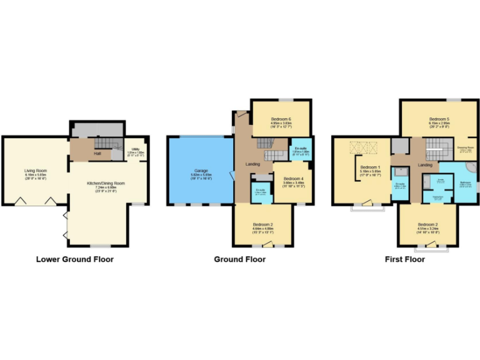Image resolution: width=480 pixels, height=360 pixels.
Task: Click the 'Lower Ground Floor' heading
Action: point(74,259)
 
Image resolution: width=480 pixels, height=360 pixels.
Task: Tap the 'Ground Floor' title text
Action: point(240,259)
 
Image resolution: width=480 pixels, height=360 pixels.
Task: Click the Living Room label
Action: point(36,170)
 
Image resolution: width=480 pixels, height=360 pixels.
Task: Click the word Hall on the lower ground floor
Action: point(97,152)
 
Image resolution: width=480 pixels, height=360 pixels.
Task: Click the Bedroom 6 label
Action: point(281,119)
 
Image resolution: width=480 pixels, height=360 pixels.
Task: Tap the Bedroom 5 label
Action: point(439,119)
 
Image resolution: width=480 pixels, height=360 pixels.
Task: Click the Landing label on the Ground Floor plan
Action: point(243,164)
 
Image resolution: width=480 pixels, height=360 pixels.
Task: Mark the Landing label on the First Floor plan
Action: point(425,165)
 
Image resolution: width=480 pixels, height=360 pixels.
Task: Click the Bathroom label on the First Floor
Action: point(465,182)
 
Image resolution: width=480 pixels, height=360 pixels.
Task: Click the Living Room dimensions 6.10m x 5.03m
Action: point(36,174)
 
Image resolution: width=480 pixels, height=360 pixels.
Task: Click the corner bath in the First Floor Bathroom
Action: point(469,171)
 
